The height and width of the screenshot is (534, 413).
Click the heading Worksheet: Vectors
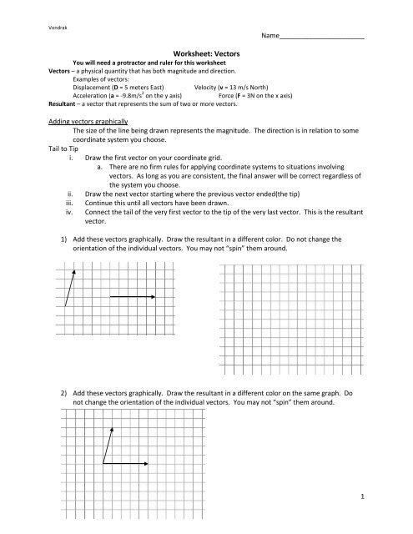[205, 53]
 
